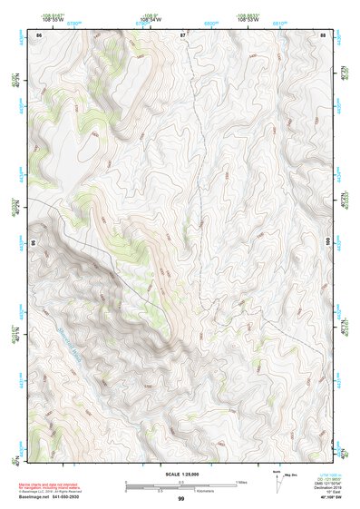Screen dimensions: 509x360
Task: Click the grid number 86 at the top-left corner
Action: (39, 34)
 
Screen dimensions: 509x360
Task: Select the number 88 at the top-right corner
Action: (323, 34)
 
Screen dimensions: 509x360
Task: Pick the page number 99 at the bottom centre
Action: (181, 499)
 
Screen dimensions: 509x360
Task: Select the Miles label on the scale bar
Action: (238, 482)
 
